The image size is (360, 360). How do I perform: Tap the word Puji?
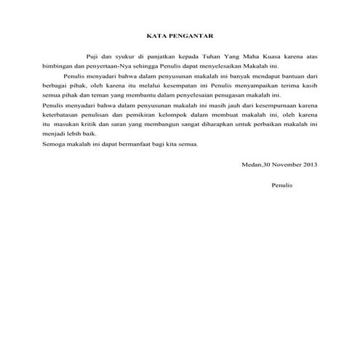92,55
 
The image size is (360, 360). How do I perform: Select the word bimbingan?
58,65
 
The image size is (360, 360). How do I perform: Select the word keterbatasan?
63,116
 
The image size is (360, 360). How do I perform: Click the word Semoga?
55,145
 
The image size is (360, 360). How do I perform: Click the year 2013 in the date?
309,165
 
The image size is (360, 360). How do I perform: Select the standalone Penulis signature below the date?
281,185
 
